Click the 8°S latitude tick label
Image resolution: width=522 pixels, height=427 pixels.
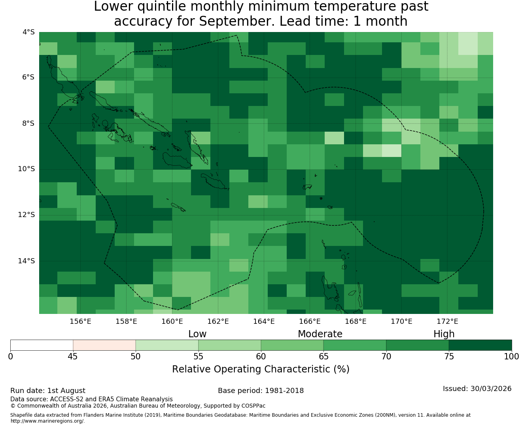tap(28, 123)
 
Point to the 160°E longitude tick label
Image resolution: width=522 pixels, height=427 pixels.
tap(172, 321)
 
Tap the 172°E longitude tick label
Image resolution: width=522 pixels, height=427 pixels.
tap(447, 321)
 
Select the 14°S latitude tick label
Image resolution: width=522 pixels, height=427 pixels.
tap(26, 261)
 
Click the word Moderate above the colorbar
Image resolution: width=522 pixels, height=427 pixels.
tap(320, 334)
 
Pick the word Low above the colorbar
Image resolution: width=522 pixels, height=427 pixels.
tap(197, 334)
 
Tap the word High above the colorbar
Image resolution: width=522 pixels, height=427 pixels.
tap(444, 334)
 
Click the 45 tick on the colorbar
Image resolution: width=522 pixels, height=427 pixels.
tap(73, 357)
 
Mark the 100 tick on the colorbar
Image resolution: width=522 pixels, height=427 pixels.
tap(511, 357)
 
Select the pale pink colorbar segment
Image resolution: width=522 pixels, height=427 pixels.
tap(104, 345)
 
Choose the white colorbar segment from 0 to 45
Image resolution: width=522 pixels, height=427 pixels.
tap(42, 345)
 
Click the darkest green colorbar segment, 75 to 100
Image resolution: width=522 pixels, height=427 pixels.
tap(480, 345)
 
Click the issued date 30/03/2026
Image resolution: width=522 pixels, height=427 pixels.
tap(491, 388)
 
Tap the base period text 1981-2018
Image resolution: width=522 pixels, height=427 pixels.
tap(284, 390)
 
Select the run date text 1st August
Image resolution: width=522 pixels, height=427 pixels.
tap(66, 390)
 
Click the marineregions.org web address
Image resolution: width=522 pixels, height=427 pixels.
tap(47, 421)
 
